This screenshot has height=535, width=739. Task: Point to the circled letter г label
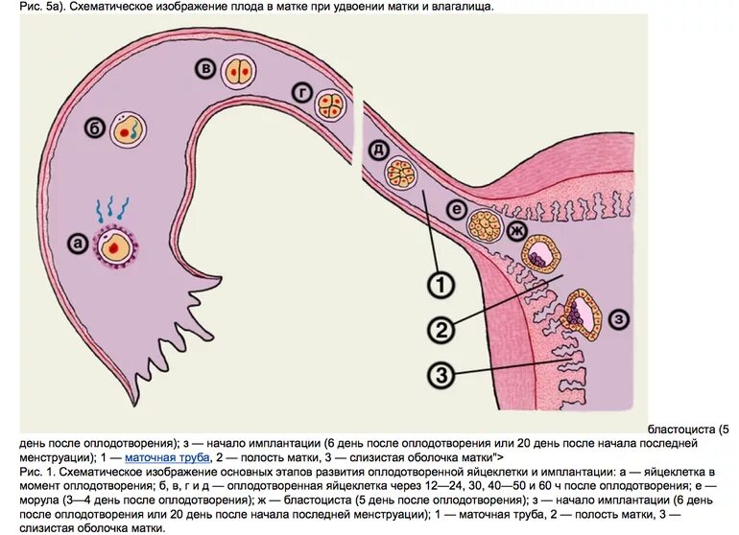(301, 92)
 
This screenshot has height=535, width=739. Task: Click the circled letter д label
(376, 149)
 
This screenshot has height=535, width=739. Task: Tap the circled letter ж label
(516, 231)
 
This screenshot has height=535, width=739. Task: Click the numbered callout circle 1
(440, 285)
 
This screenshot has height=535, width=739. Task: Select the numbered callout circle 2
(440, 330)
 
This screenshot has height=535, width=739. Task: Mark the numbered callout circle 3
(440, 375)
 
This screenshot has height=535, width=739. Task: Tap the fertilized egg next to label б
(128, 129)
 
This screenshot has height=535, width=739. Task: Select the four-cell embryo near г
(331, 104)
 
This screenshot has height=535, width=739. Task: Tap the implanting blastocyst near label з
(582, 314)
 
